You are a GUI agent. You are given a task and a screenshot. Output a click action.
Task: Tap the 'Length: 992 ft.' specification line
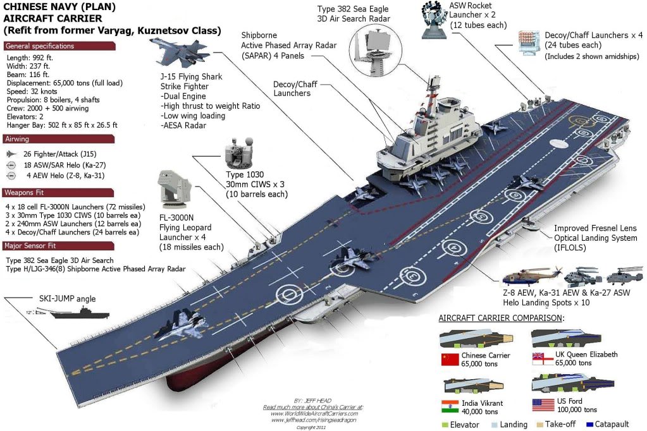(x=31, y=58)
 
